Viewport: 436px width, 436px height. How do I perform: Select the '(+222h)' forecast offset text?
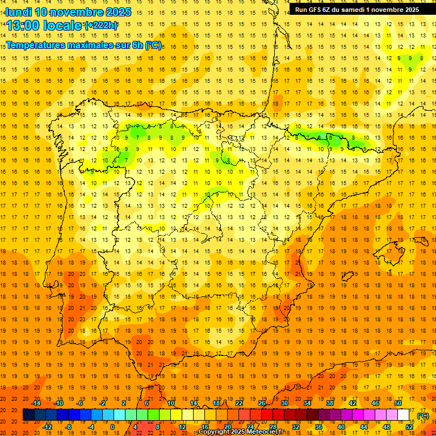[101, 26]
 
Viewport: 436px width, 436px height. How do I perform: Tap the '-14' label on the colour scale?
[36, 403]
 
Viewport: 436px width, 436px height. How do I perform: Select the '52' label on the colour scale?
[409, 426]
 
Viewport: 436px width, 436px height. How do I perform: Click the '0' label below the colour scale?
[112, 426]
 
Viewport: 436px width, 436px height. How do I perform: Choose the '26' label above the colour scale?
[262, 403]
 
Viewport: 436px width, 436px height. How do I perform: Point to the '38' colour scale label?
[329, 403]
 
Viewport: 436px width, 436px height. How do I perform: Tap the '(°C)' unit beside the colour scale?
[423, 416]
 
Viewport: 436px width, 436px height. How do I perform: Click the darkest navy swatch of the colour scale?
[28, 415]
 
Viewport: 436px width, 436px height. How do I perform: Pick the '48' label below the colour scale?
[387, 426]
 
